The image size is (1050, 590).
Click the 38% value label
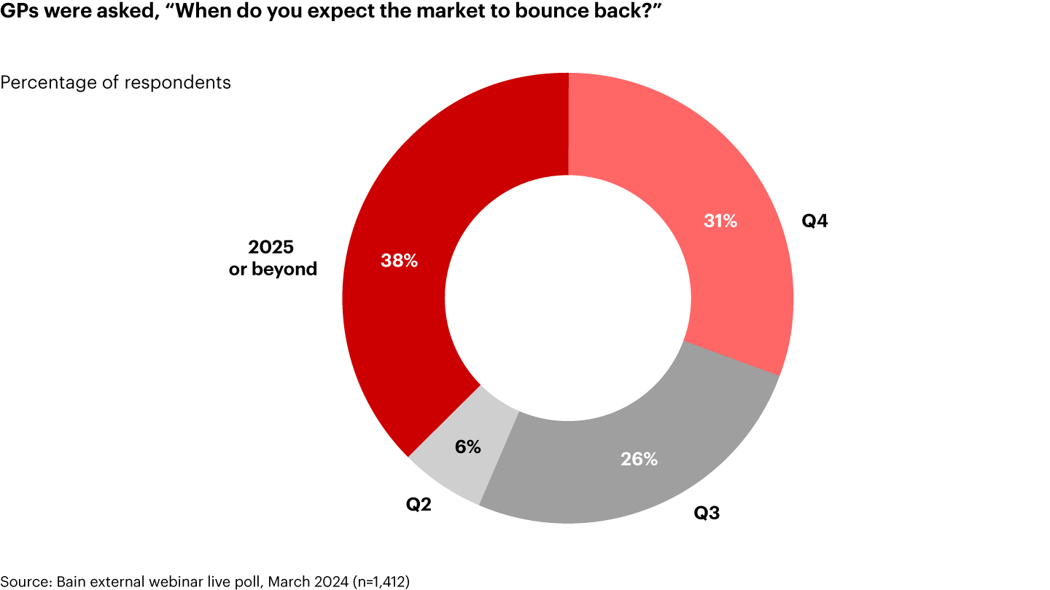[399, 261]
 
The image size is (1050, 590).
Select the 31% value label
[720, 221]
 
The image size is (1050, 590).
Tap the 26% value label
[639, 460]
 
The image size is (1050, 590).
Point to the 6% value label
[467, 447]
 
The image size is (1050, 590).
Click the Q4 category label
[814, 221]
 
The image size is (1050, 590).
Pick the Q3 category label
[707, 514]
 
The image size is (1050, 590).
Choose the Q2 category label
[419, 504]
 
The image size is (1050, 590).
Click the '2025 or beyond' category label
[273, 259]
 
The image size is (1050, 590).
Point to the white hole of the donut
[568, 298]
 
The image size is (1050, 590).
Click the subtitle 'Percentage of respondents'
[116, 82]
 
